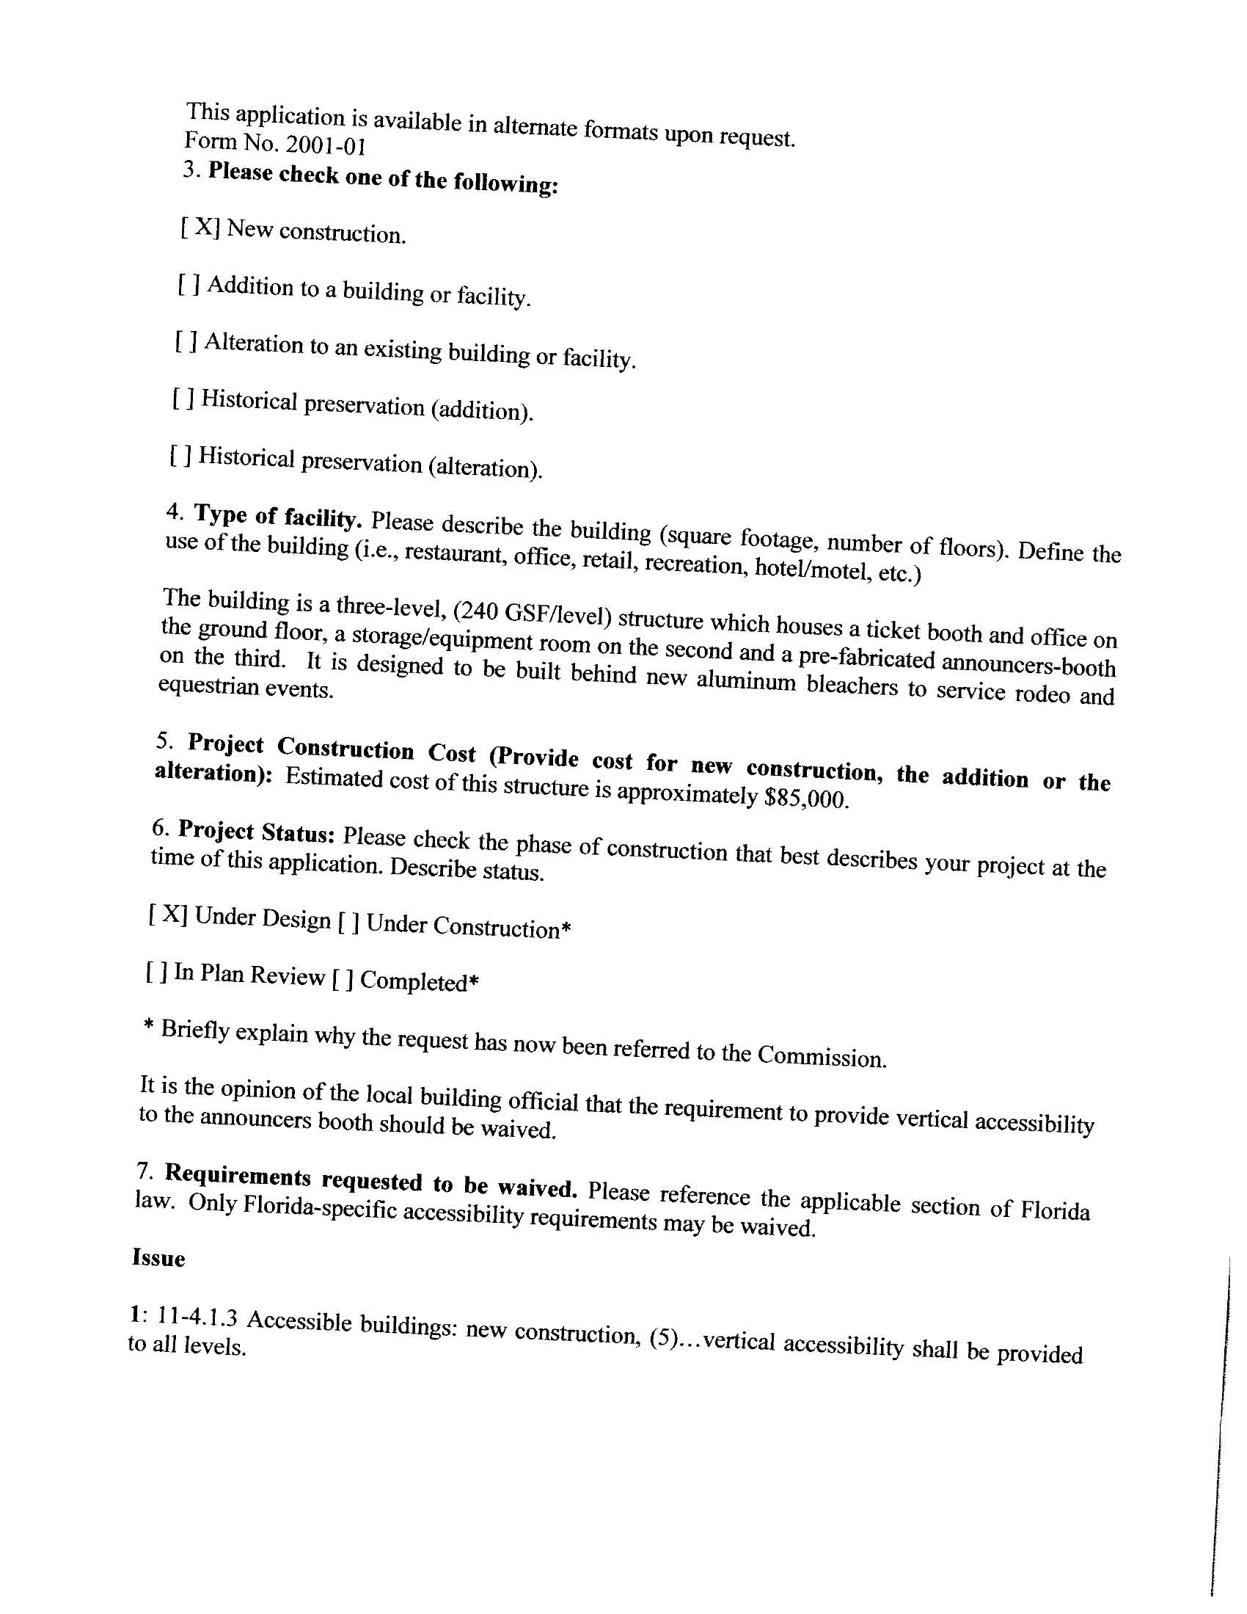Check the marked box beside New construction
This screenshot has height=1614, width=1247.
(200, 226)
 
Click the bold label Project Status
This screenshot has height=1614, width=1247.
(257, 832)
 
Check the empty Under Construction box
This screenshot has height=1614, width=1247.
(348, 923)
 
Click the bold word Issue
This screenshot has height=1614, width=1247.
(158, 1259)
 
